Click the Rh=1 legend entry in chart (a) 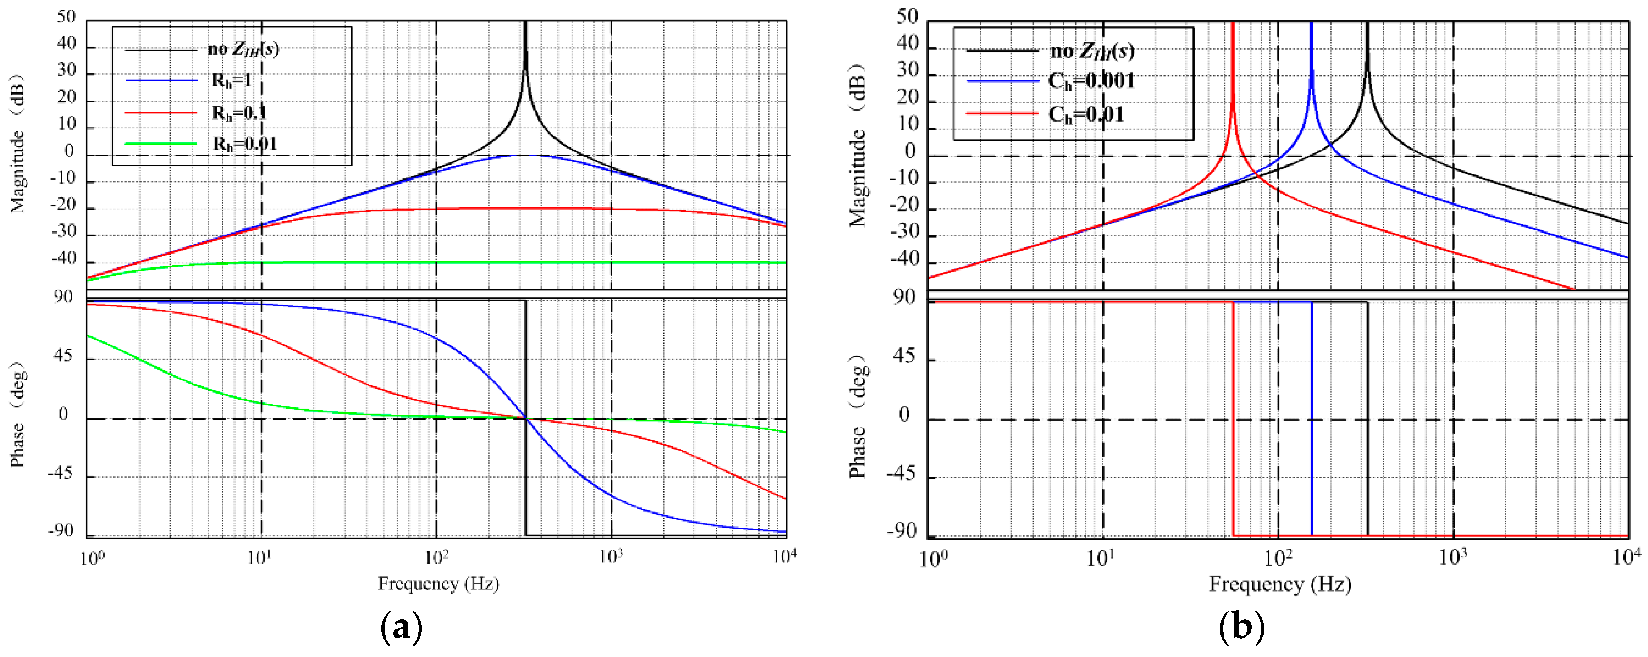(x=231, y=81)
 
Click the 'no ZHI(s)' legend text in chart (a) (x=243, y=49)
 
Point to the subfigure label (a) (x=401, y=628)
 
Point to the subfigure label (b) (x=1241, y=628)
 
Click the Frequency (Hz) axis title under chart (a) (x=438, y=583)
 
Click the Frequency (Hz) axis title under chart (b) (x=1279, y=584)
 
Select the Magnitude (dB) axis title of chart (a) (x=17, y=144)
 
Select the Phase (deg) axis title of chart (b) (x=858, y=416)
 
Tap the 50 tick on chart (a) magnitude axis (x=66, y=17)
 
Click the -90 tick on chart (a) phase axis (x=61, y=531)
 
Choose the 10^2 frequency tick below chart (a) (x=436, y=558)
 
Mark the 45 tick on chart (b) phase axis (x=904, y=356)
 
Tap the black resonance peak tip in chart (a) (x=525, y=26)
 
